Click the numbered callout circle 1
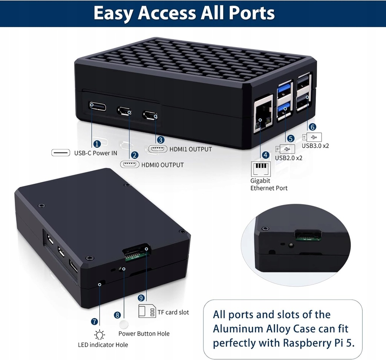tap(97, 144)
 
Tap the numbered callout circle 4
tap(265, 155)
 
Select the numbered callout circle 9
tap(141, 297)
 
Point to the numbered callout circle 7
tap(95, 321)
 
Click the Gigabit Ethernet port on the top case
tap(263, 114)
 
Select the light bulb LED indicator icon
tap(100, 334)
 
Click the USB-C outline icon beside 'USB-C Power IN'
tap(61, 153)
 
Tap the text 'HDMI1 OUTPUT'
tap(190, 149)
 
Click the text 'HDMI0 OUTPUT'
tap(162, 165)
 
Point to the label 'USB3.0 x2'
tap(315, 146)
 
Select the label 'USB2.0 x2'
tap(288, 158)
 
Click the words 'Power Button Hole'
tap(144, 334)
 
